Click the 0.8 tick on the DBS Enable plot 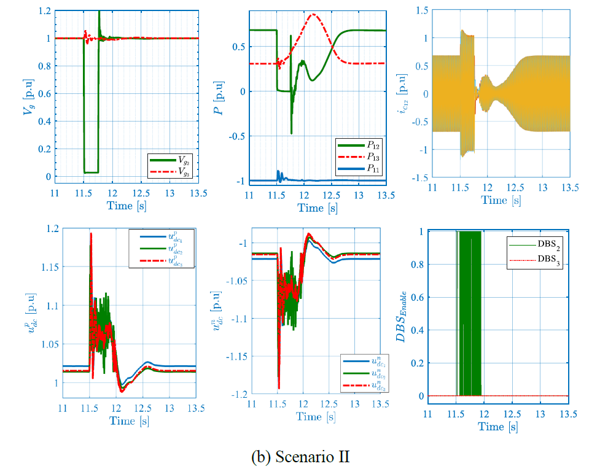(418, 265)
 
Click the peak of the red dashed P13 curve (314, 14)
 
